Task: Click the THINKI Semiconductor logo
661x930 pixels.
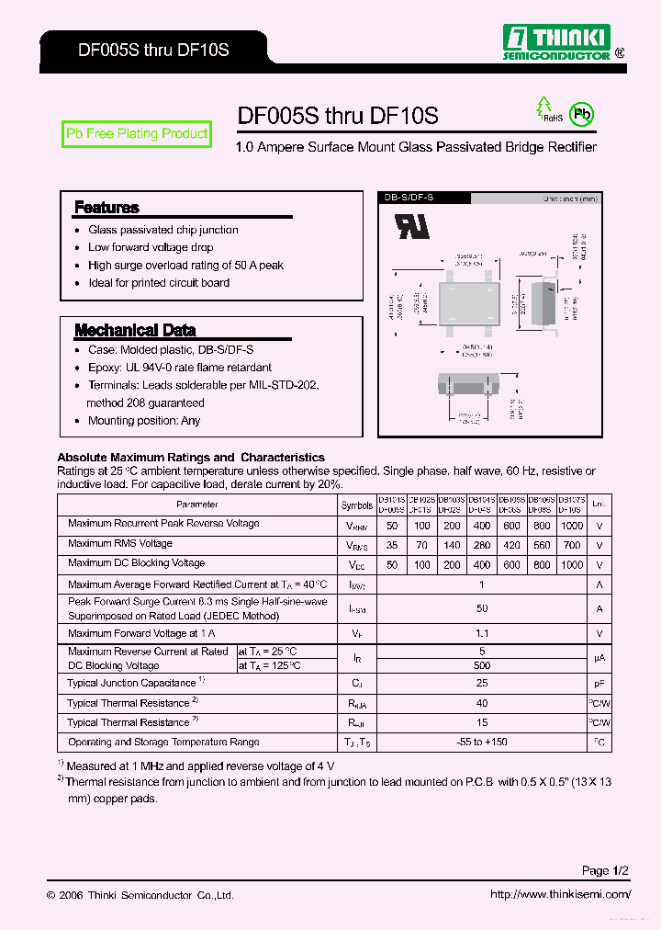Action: point(558,42)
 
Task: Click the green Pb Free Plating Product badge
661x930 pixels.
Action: point(137,134)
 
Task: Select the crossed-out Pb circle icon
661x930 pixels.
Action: point(581,114)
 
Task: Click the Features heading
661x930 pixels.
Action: point(106,208)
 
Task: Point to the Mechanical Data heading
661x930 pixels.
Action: point(135,330)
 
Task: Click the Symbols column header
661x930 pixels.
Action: point(357,505)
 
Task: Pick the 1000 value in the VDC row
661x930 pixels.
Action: point(571,565)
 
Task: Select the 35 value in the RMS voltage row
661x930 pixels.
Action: point(392,545)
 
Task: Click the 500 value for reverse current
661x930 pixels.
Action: point(482,665)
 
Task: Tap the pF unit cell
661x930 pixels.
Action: point(599,684)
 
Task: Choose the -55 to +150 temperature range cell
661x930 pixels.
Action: point(482,742)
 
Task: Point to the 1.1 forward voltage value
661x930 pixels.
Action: point(482,633)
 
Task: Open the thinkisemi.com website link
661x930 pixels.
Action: point(561,894)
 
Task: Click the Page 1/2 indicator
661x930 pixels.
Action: point(606,870)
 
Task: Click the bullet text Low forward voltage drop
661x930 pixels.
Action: point(151,247)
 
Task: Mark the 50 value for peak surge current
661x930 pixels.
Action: point(482,608)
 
